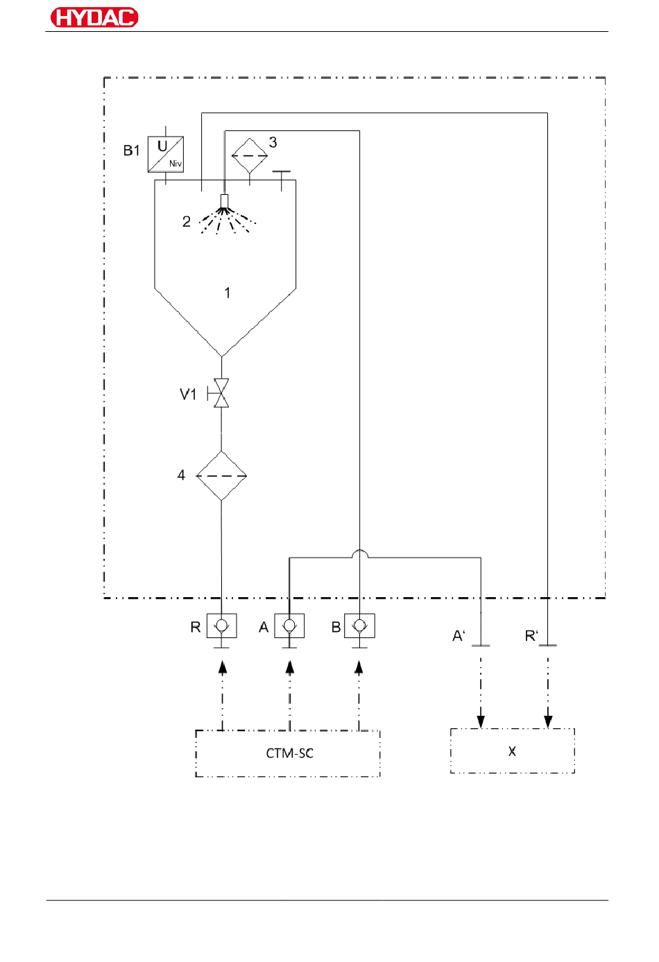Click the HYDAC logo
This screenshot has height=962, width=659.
coord(94,17)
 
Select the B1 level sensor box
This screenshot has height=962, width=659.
coord(166,154)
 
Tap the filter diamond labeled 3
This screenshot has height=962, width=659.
coord(250,155)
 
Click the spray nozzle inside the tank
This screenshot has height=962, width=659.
coord(224,201)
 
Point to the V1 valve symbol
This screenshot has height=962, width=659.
coord(221,393)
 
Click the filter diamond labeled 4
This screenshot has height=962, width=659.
coord(221,476)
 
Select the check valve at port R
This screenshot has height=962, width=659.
coord(222,626)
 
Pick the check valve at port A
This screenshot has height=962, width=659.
coord(289,626)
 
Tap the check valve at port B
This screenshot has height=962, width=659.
coord(359,626)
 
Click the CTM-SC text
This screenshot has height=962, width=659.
coord(289,753)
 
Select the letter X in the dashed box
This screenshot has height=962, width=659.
coord(512,751)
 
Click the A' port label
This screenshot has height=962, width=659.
coord(459,635)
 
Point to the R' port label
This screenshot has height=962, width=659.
coord(531,635)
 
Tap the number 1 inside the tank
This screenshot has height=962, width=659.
coord(228,293)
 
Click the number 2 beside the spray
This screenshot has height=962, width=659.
coord(186,222)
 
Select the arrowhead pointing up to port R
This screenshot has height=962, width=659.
coord(222,667)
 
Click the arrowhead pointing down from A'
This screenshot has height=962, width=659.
coord(481,722)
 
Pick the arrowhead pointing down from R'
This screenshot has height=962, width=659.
coord(548,722)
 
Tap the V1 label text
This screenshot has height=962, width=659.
coord(188,394)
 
